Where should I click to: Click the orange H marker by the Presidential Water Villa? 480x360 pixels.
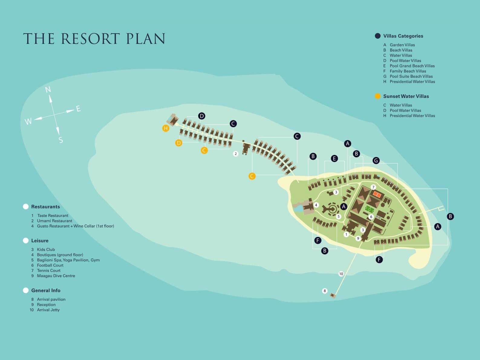(166, 128)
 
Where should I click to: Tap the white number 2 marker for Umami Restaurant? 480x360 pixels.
(236, 154)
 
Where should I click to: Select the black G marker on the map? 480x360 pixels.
(376, 161)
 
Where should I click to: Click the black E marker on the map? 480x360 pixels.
(334, 159)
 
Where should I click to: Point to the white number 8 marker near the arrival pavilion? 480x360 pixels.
(325, 291)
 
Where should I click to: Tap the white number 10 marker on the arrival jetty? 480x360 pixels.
(341, 274)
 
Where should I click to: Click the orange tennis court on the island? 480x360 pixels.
(377, 194)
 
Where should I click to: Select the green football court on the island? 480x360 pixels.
(370, 210)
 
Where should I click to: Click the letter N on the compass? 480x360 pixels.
(48, 90)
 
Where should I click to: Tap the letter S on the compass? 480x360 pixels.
(61, 140)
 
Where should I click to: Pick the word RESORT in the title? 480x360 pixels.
(90, 39)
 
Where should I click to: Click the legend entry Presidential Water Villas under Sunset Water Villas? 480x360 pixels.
(412, 116)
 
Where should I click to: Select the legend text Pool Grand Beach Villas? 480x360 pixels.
(412, 66)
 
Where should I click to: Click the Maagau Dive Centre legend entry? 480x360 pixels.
(56, 276)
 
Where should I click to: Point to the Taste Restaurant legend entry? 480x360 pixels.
(53, 216)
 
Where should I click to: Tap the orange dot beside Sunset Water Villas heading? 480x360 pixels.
(378, 96)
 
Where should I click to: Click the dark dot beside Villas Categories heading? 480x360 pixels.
(378, 36)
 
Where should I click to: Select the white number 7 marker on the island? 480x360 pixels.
(374, 187)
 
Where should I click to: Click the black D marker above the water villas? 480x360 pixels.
(202, 116)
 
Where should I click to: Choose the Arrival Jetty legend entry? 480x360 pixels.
(48, 310)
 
